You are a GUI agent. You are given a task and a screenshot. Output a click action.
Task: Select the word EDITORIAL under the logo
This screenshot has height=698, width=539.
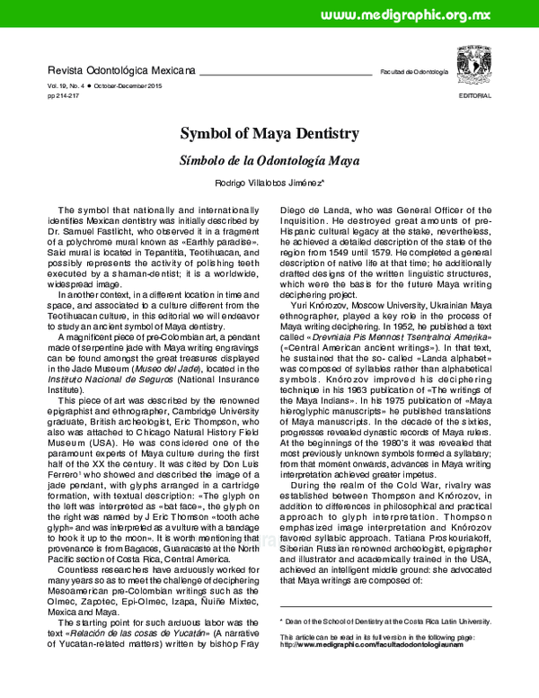(x=474, y=94)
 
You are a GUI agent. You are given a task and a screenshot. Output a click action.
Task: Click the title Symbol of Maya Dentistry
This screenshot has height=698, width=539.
(x=269, y=134)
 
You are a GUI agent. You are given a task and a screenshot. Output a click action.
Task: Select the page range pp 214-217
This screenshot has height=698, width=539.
(x=66, y=94)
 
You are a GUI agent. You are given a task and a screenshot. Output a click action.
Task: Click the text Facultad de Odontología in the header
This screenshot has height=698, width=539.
(x=414, y=71)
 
